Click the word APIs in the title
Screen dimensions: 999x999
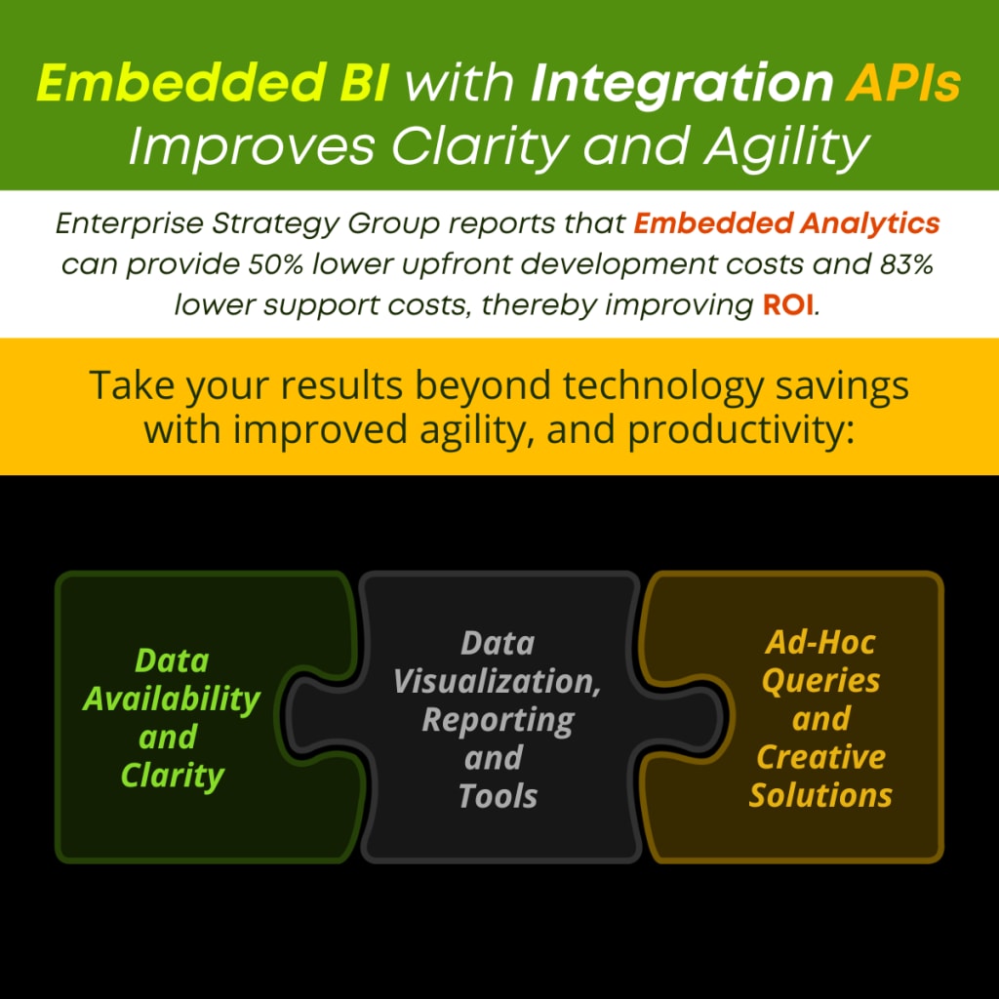(x=902, y=83)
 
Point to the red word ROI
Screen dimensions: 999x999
(x=788, y=305)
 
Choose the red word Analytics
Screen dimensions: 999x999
(x=870, y=223)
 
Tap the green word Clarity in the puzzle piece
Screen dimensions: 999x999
(x=172, y=777)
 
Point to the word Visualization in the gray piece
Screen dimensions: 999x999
(x=497, y=682)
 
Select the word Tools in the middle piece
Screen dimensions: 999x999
(x=498, y=796)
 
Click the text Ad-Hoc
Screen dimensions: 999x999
(x=820, y=643)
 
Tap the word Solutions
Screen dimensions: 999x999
(x=820, y=796)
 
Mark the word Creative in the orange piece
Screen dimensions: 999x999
(x=820, y=757)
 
